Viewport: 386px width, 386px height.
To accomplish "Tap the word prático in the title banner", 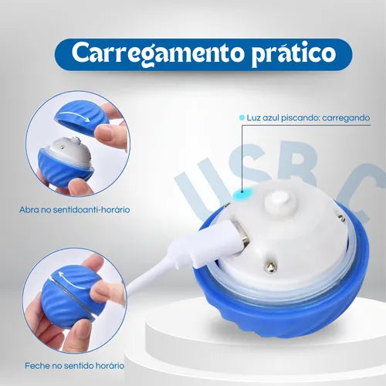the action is [293, 55].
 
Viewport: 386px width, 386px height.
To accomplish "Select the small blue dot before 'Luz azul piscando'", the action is [242, 117].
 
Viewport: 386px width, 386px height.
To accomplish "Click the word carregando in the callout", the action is [346, 118].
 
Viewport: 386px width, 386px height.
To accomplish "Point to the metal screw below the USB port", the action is [272, 268].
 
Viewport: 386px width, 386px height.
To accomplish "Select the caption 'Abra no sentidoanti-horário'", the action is [75, 210].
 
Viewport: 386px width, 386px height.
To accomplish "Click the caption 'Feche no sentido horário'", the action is [75, 366].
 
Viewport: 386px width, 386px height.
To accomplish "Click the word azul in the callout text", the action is [270, 118].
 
